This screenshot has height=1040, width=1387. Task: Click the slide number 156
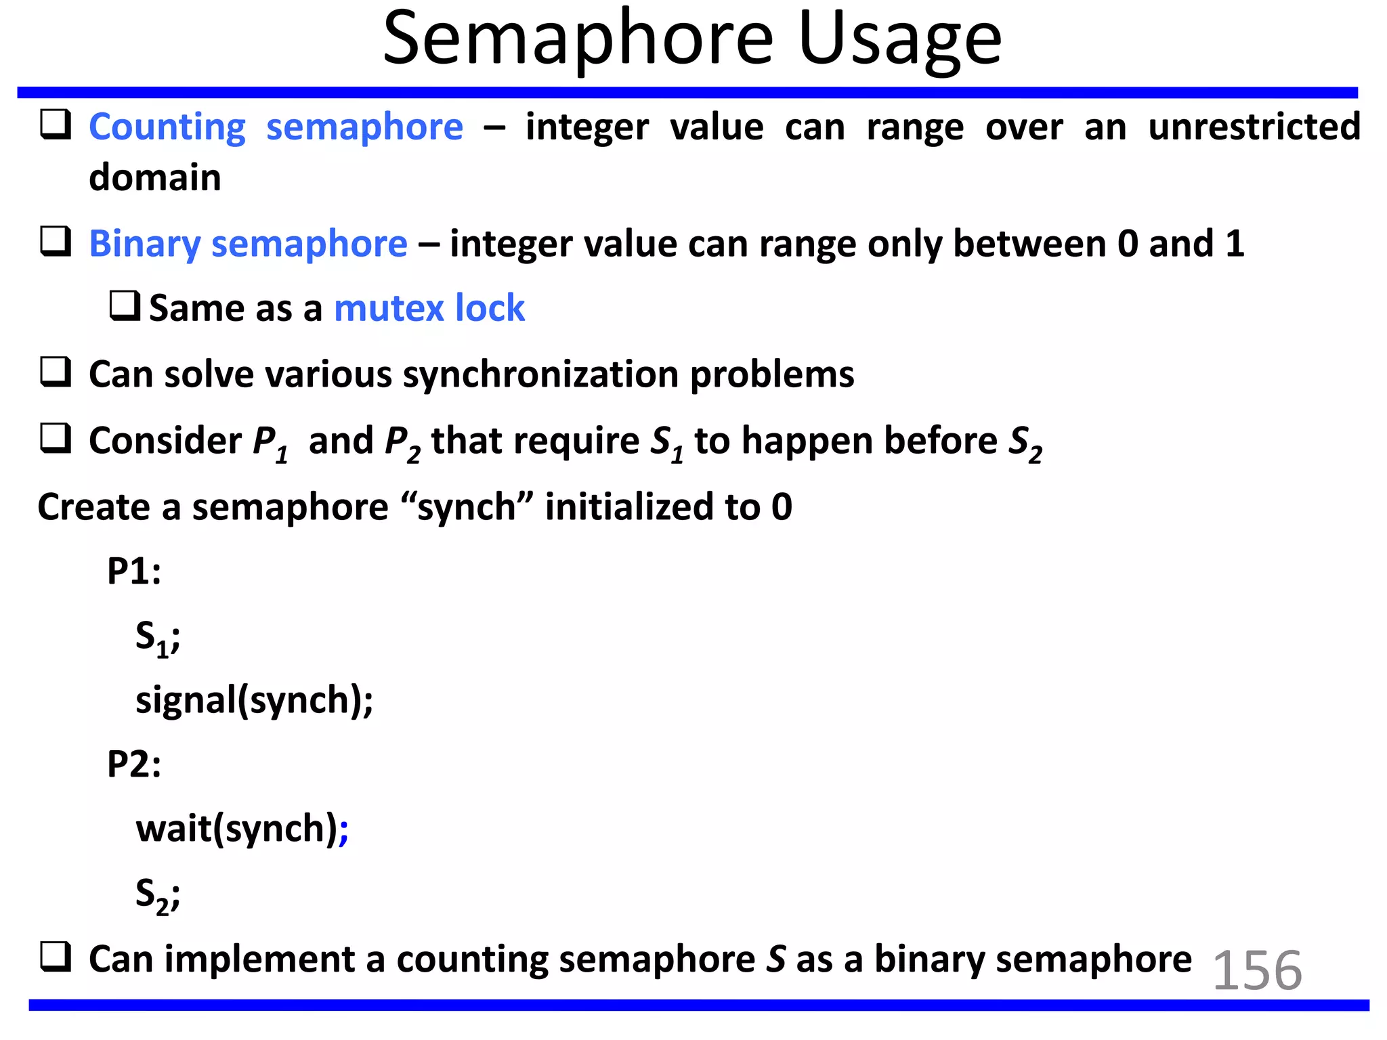click(1257, 970)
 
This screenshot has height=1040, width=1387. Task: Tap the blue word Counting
click(167, 127)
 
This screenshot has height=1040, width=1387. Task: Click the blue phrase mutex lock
click(429, 309)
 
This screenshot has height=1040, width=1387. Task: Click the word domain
click(155, 178)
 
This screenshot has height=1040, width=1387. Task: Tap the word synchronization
click(540, 374)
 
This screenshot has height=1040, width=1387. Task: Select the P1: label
click(134, 571)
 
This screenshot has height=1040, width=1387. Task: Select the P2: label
click(134, 764)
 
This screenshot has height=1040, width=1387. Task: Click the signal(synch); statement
click(254, 700)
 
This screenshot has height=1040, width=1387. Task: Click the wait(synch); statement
click(237, 829)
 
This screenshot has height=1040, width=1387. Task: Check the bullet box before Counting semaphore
click(56, 125)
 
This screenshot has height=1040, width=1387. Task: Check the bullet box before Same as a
click(125, 306)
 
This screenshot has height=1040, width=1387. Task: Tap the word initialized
click(629, 507)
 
